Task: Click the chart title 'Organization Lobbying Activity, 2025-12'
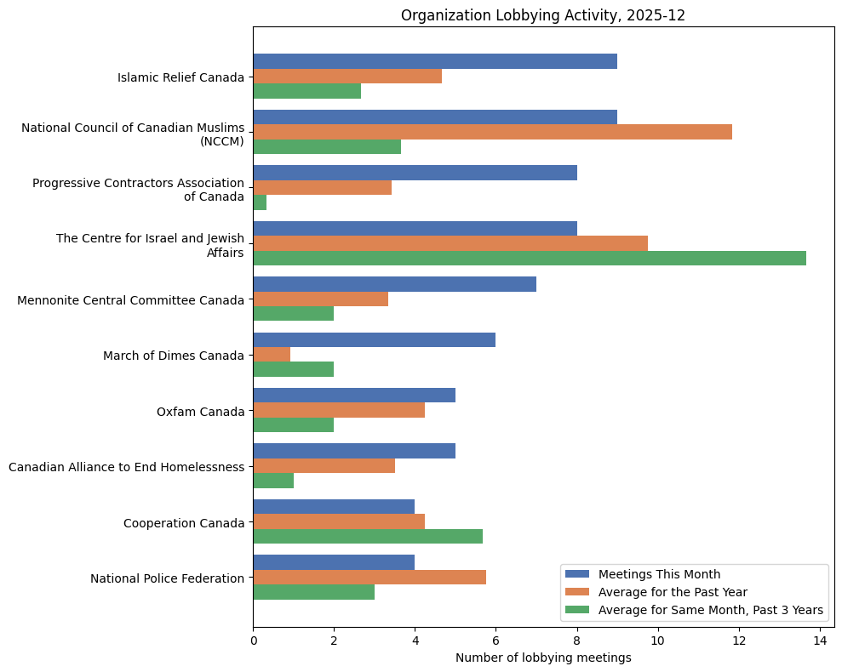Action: pos(542,15)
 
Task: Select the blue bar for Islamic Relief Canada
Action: pos(435,61)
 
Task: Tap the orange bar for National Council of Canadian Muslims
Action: pos(492,132)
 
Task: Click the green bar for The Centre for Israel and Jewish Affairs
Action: pos(529,258)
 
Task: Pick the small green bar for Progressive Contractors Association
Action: pos(260,202)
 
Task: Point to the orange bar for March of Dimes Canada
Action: pos(272,355)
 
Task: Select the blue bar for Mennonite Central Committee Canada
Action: pos(394,284)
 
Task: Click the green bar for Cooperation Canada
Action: pos(368,536)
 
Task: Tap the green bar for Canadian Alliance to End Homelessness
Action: pos(273,481)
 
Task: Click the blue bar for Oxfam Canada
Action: pos(354,396)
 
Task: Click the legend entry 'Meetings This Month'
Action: pos(659,573)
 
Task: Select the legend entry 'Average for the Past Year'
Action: pos(673,591)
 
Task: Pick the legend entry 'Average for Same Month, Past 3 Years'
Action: pos(710,610)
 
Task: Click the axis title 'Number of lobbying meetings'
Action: pos(543,658)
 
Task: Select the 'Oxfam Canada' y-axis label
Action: pos(200,412)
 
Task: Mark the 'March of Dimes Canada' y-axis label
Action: pos(173,356)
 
